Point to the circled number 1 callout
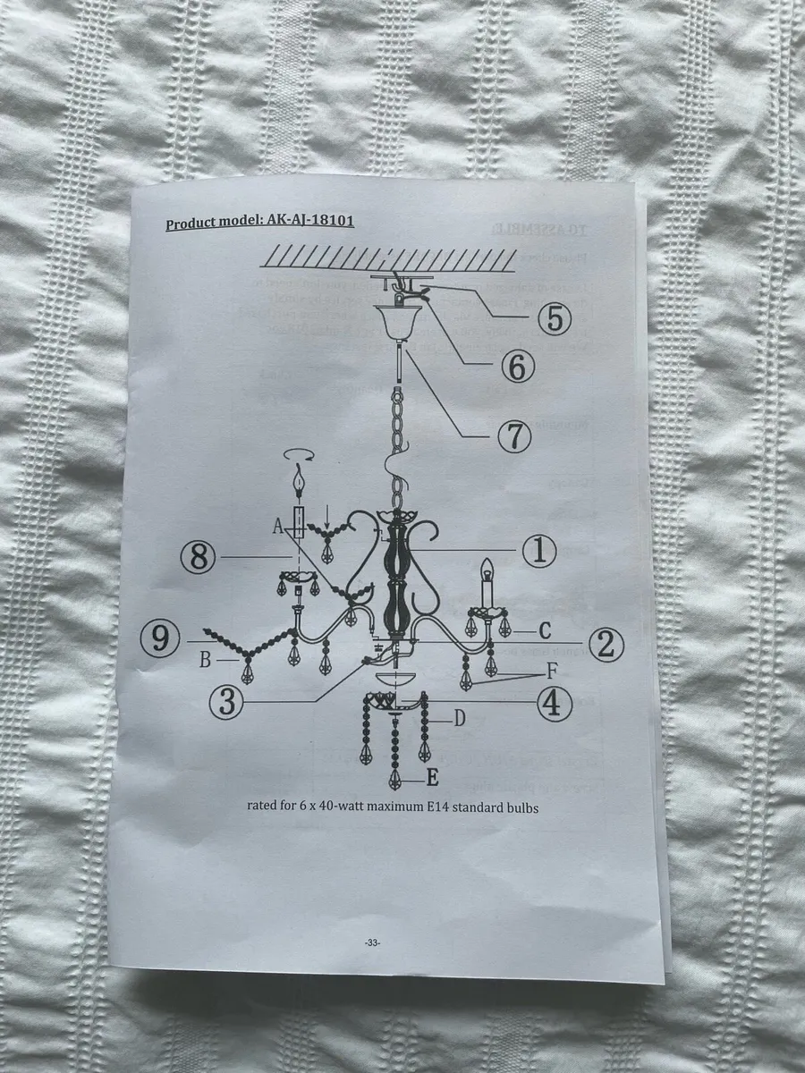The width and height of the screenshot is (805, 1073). (539, 552)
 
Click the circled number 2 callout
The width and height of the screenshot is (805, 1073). (606, 642)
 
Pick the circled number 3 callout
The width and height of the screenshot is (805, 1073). (228, 701)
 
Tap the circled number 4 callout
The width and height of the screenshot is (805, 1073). (555, 705)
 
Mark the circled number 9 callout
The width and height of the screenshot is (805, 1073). (160, 639)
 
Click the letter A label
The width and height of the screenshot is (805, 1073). (278, 528)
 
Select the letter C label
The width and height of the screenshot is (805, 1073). (544, 630)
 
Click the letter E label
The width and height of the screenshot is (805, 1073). (431, 778)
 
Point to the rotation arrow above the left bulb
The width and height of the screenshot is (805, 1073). (300, 456)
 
